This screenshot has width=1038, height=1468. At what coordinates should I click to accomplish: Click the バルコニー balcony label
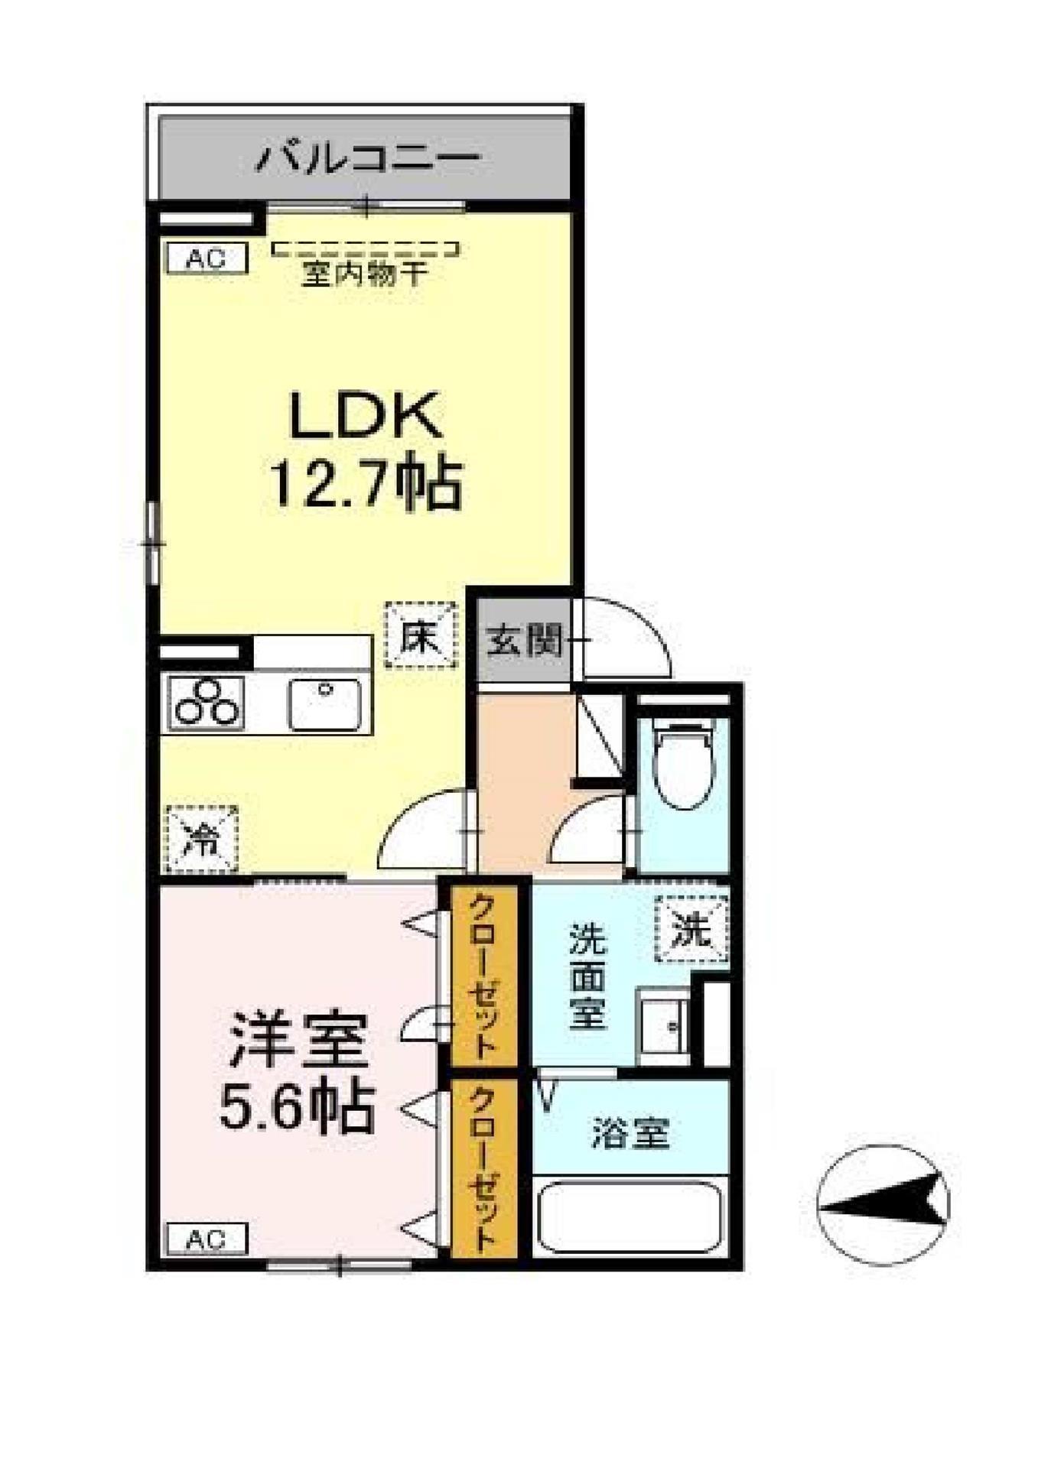point(367,158)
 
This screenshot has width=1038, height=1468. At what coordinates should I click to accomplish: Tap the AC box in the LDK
point(207,258)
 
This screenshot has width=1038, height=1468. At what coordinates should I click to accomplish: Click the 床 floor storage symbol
point(421,635)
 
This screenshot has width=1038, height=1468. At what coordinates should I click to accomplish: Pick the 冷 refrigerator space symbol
point(203,840)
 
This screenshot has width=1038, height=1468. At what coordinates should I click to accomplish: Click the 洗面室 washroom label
point(587,976)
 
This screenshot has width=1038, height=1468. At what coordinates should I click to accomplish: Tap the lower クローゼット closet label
point(483,1168)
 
